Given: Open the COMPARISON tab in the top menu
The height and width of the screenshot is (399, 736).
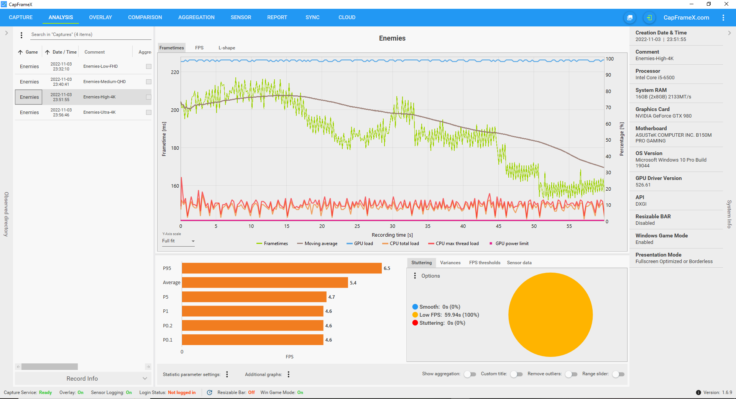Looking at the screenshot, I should click(145, 17).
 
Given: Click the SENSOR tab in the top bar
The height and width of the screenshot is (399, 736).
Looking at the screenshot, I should click(241, 17).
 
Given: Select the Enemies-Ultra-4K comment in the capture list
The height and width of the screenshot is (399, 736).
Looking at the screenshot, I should click(99, 112).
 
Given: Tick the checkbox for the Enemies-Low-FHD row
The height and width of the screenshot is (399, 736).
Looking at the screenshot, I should click(149, 66).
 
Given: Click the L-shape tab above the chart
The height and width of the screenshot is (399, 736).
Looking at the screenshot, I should click(227, 48).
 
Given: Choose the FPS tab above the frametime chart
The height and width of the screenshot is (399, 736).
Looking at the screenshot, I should click(199, 48).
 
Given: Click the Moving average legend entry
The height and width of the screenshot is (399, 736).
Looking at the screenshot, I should click(320, 244).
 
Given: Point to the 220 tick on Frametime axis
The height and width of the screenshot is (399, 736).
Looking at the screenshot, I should click(175, 72).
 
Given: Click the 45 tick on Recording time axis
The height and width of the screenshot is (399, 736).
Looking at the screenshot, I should click(498, 226).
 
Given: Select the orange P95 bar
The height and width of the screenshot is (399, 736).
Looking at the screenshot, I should click(281, 268).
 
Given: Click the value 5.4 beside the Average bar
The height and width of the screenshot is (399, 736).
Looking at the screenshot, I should click(353, 283).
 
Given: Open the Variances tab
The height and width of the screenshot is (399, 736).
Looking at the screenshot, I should click(450, 263).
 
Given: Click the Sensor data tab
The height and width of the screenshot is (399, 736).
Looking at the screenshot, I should click(519, 263).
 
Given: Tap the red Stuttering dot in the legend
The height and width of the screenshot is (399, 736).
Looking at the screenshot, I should click(415, 323).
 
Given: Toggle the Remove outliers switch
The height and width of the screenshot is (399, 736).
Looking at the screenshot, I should click(571, 374).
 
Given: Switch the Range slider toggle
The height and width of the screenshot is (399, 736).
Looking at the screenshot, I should click(618, 374).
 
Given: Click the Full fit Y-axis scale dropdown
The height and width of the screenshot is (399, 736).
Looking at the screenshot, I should click(178, 241).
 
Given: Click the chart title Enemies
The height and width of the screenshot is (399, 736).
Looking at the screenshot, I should click(392, 38).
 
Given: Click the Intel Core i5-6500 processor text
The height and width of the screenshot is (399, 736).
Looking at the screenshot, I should click(655, 78).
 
